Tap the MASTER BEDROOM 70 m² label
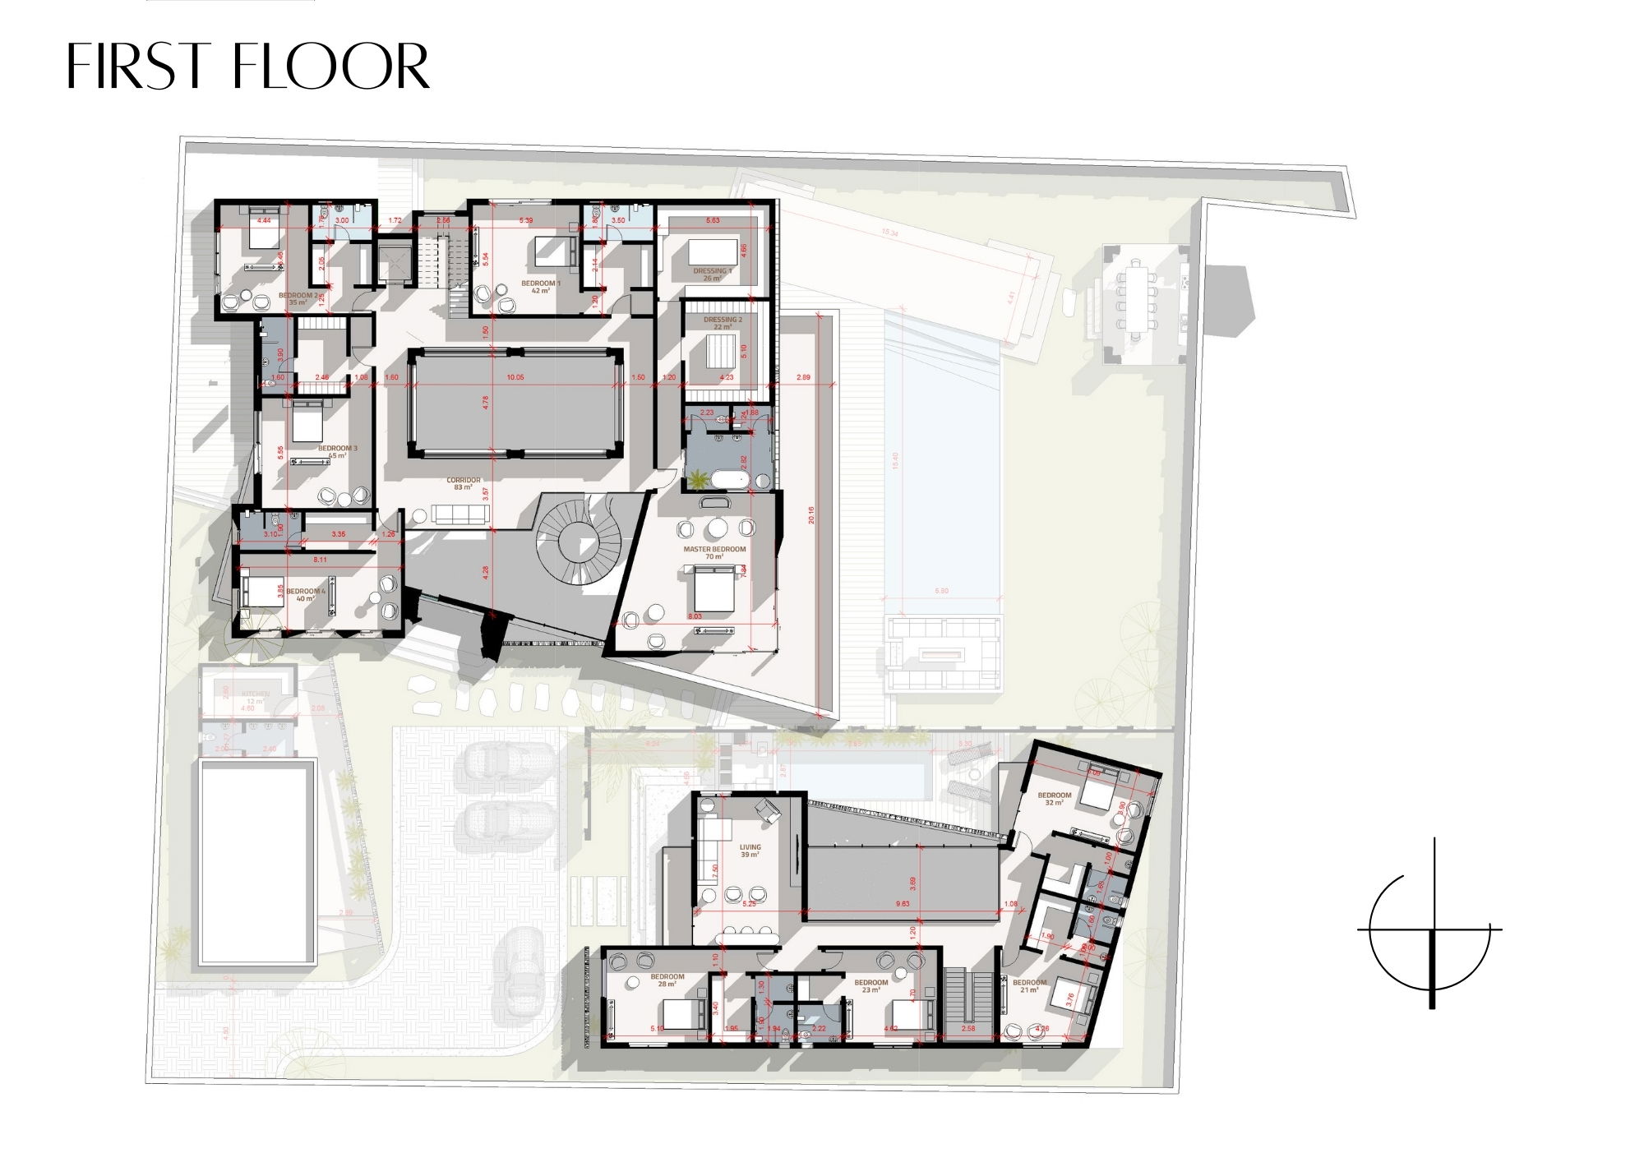[x=713, y=552]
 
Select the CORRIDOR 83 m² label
[x=463, y=483]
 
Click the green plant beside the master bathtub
[x=698, y=477]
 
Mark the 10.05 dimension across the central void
[x=515, y=376]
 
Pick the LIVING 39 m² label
[x=749, y=851]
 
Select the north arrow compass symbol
[x=1432, y=929]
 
